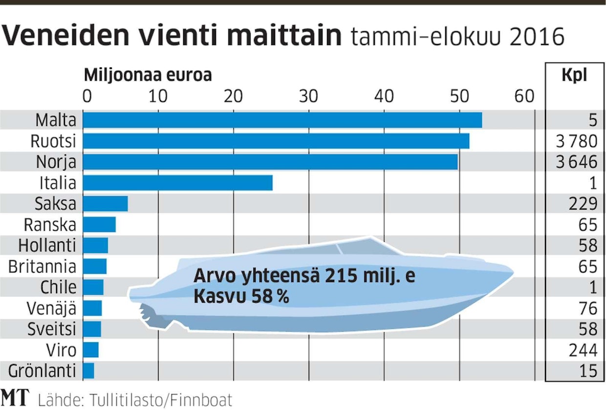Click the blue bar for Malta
click(282, 120)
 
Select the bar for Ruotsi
click(276, 141)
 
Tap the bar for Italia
click(177, 183)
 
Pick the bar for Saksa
click(105, 204)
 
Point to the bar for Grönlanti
click(88, 371)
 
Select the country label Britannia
click(43, 266)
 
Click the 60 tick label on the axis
click(524, 96)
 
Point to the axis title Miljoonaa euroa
click(148, 76)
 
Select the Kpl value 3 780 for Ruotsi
click(577, 141)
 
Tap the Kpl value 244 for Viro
click(583, 350)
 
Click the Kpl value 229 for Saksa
click(583, 204)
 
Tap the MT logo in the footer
click(15, 398)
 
